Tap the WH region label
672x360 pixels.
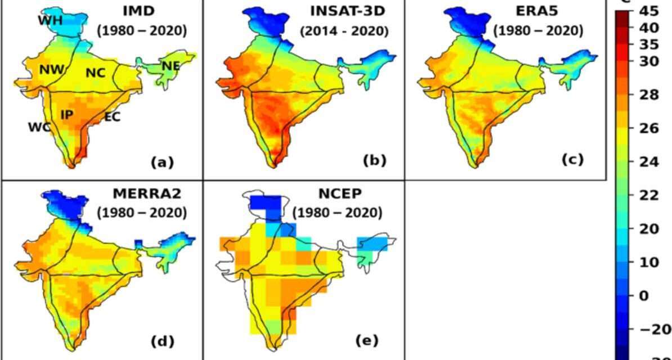click(51, 21)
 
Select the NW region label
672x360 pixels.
click(52, 70)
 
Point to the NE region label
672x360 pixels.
click(171, 66)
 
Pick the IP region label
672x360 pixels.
click(67, 114)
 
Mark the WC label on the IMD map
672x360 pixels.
click(39, 128)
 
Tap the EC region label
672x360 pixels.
click(112, 118)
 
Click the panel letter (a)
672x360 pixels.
click(162, 163)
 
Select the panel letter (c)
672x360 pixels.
click(572, 159)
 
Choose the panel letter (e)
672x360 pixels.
click(367, 340)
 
